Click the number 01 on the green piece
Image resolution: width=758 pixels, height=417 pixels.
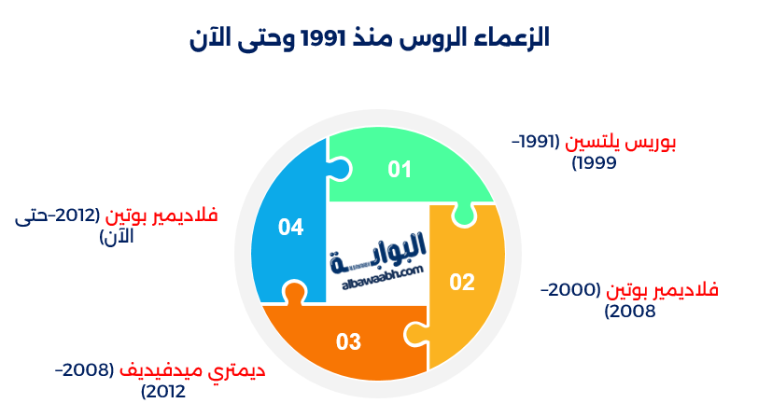[400, 169]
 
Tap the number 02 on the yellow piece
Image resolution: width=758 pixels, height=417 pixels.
[462, 282]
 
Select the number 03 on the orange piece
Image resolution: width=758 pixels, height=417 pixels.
[348, 341]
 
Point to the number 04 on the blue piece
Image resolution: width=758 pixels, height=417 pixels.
[290, 227]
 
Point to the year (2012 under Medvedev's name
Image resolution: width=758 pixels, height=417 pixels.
[163, 391]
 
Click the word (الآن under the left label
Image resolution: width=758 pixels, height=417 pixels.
[117, 237]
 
